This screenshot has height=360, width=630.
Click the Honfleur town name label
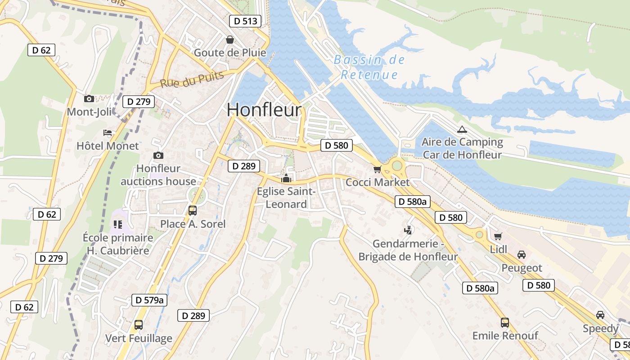264,110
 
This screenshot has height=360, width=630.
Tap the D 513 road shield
245,21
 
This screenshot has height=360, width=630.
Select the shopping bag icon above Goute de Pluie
230,40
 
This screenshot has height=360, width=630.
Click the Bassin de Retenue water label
369,67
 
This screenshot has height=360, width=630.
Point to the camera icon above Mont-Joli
89,99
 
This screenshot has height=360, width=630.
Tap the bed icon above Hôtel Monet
108,132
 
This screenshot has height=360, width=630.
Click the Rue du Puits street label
192,80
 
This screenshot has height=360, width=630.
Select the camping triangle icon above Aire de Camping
462,130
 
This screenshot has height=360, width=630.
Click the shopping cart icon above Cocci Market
377,169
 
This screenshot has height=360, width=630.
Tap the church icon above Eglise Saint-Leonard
286,179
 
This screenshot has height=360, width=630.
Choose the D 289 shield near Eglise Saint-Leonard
244,166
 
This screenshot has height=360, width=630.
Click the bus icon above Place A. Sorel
193,210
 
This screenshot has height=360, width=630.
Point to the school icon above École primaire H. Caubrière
118,224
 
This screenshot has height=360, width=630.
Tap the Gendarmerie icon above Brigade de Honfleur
408,230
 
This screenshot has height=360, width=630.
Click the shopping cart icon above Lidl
498,236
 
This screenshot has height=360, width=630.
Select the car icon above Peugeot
522,255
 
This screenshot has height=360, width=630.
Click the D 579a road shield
149,300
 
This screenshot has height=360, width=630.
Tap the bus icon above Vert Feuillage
139,324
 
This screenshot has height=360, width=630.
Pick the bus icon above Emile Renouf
505,322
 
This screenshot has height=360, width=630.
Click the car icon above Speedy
600,315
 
